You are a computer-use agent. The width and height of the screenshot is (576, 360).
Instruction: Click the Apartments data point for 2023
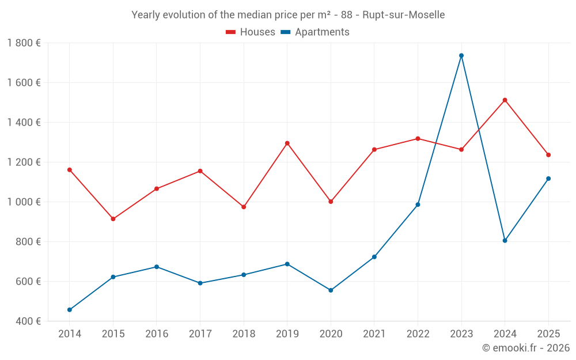(461, 56)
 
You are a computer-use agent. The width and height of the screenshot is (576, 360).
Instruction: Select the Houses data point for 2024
(505, 100)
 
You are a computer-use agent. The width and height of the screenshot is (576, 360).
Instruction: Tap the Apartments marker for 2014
(70, 310)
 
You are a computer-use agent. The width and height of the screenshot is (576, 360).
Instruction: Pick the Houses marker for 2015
(113, 219)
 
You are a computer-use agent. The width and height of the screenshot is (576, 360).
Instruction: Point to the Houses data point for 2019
(287, 143)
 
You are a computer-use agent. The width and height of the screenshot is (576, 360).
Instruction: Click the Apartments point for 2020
(331, 290)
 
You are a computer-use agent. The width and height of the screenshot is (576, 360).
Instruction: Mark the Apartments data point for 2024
(505, 241)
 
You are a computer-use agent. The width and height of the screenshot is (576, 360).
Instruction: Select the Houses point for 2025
(548, 155)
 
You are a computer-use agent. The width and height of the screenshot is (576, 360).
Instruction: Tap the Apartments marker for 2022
(418, 204)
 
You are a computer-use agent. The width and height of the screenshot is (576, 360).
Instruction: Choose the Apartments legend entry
(322, 32)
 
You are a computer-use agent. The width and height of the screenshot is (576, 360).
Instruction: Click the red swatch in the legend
(231, 32)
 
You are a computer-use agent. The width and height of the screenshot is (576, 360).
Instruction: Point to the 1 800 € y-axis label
(24, 43)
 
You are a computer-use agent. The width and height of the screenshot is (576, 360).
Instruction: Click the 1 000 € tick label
(24, 202)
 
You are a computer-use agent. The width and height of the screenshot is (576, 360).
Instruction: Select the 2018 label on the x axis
(244, 334)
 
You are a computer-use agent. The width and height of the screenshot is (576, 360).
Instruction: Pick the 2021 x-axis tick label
(374, 334)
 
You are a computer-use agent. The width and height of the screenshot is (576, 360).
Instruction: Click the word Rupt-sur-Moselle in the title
(403, 15)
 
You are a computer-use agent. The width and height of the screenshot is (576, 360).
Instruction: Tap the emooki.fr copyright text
(526, 348)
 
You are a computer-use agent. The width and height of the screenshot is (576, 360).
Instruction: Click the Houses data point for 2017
(200, 171)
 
